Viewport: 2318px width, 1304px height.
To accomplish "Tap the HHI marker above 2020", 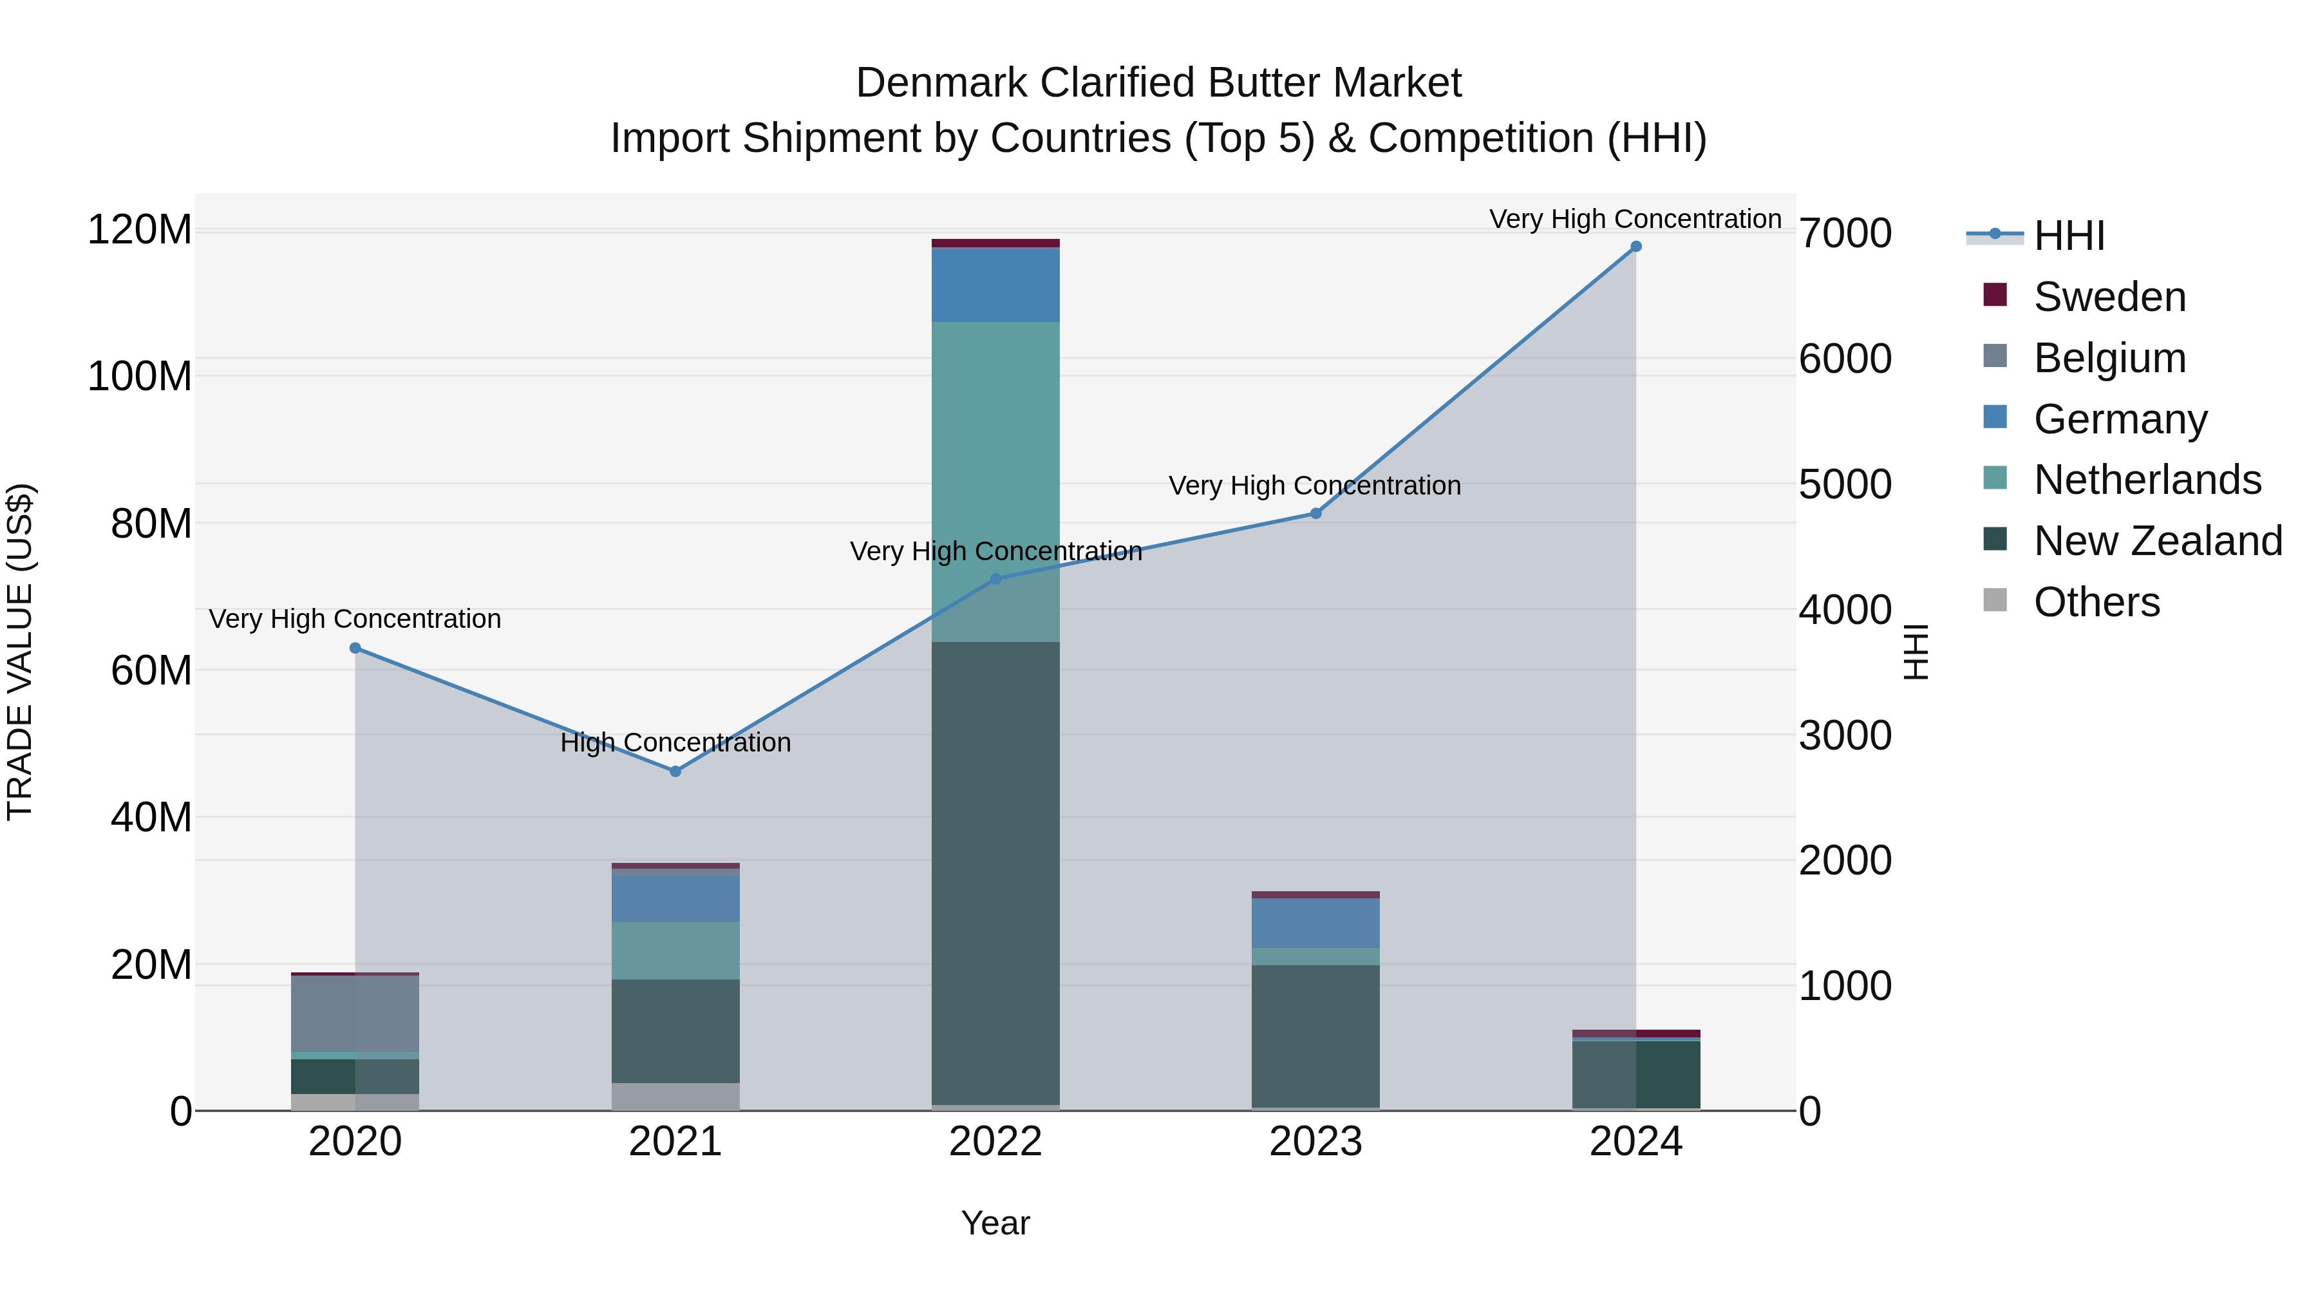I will click(x=355, y=648).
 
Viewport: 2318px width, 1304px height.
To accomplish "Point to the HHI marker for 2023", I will click(x=1315, y=514).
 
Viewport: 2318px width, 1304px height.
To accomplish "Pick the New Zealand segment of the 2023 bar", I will click(x=1315, y=1035).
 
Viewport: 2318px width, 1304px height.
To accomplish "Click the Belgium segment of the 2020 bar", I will click(x=355, y=1012).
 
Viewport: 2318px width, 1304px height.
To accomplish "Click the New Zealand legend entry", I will click(x=2157, y=541).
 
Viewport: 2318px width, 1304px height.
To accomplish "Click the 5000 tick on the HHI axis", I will click(x=1845, y=484).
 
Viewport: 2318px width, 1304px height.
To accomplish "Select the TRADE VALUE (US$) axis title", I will click(x=21, y=652).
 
